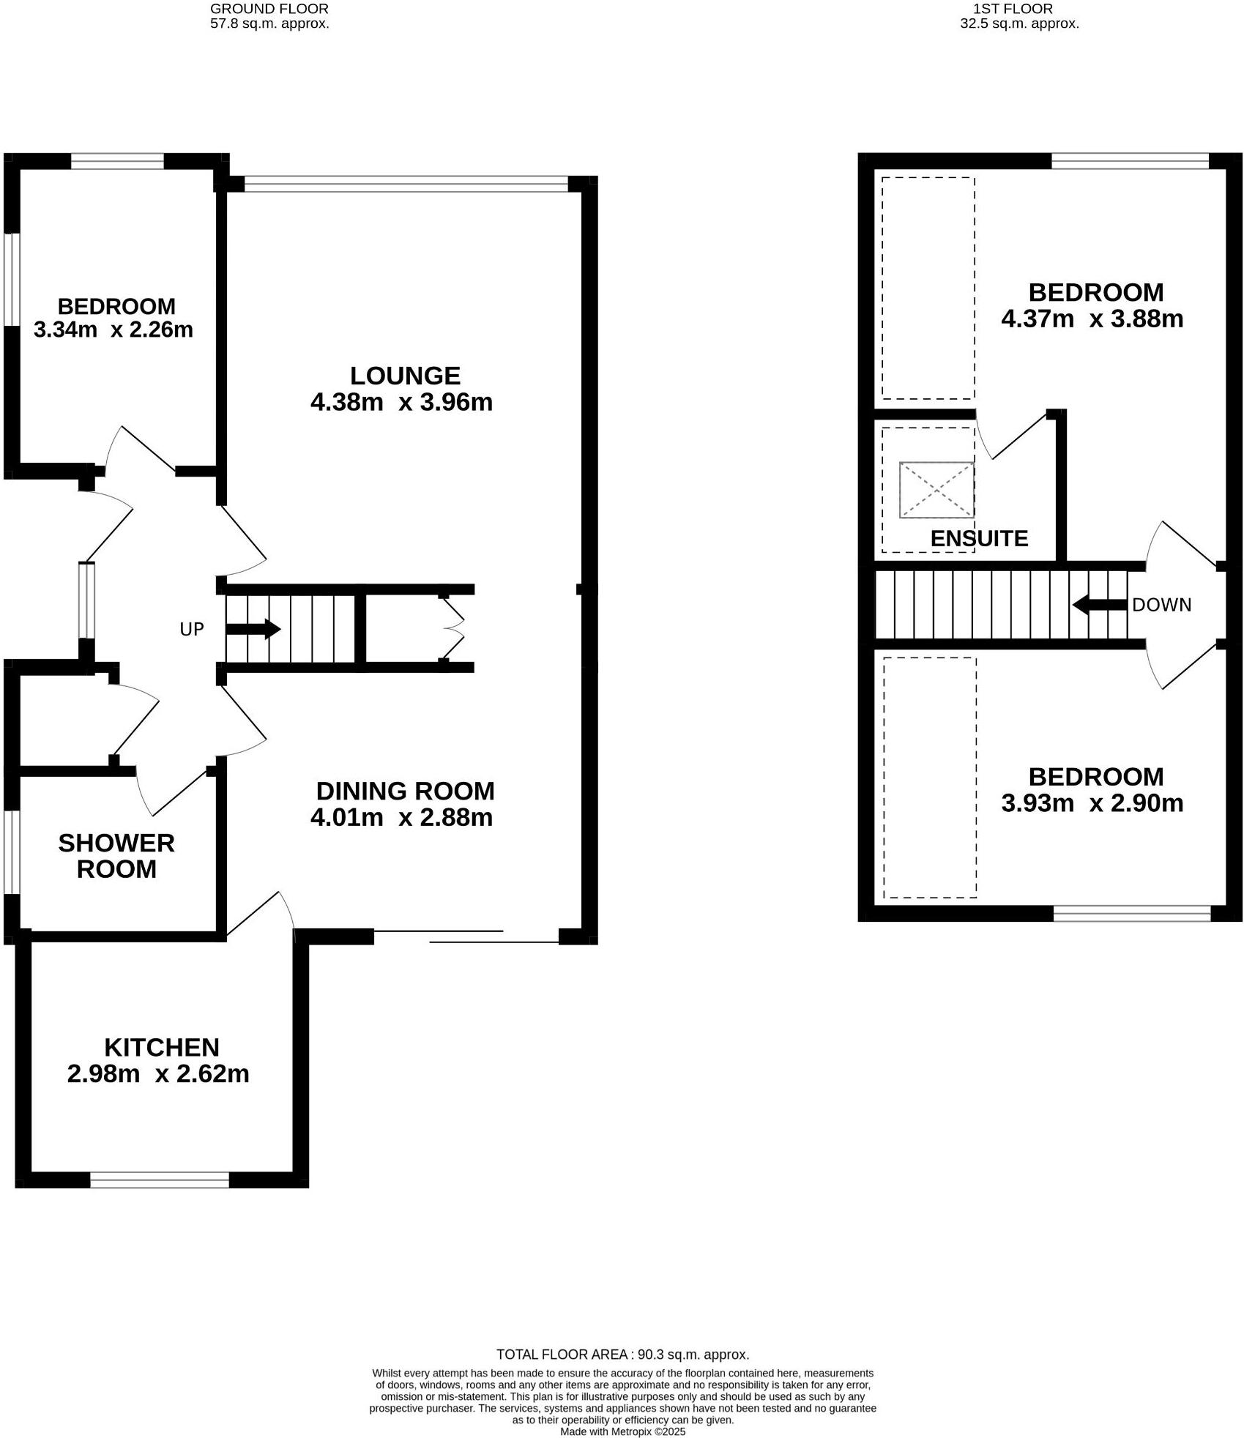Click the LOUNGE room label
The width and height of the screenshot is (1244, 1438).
point(404,376)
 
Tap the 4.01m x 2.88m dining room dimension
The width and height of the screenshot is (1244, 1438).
point(401,817)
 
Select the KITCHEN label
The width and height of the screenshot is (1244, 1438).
point(161,1047)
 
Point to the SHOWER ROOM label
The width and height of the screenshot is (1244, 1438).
point(116,856)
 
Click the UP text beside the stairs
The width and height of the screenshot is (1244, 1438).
point(192,629)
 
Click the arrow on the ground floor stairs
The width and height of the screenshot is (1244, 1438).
point(253,629)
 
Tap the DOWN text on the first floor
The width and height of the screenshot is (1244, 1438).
point(1161,605)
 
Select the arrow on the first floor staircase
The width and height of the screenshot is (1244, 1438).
point(1099,605)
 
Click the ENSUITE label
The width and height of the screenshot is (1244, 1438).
point(979,538)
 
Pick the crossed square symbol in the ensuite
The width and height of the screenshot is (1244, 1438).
point(936,489)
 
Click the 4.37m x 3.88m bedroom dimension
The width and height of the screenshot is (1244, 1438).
point(1092,319)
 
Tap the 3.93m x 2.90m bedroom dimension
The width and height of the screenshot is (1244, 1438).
point(1092,803)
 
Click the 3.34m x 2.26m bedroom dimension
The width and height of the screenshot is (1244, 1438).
point(113,329)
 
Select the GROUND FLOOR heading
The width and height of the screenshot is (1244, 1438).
point(269,9)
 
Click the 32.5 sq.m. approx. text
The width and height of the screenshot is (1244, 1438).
point(1019,23)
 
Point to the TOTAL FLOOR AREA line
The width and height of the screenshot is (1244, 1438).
point(622,1355)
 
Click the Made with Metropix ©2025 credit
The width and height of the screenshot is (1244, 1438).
point(622,1431)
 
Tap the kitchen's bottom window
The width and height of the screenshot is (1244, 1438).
point(160,1180)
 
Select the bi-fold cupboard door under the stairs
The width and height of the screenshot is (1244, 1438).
point(452,629)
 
